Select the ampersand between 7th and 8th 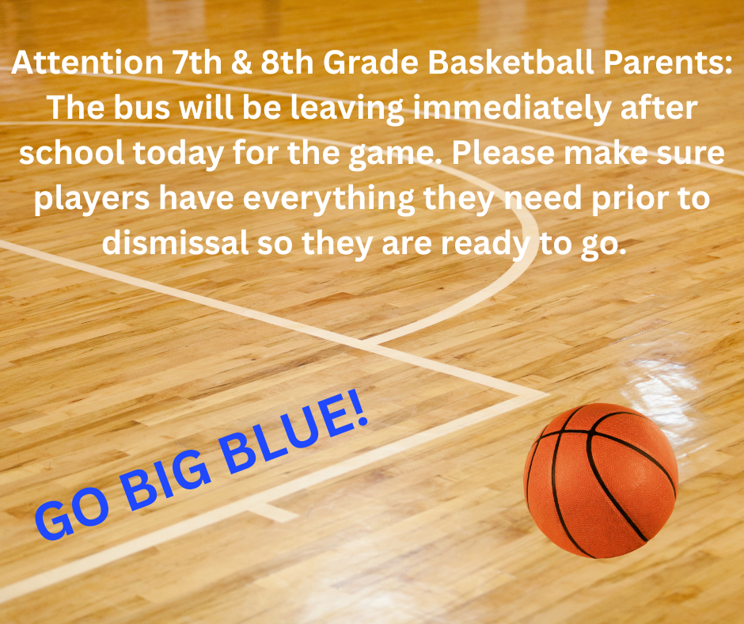(235, 66)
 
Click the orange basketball (602, 480)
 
